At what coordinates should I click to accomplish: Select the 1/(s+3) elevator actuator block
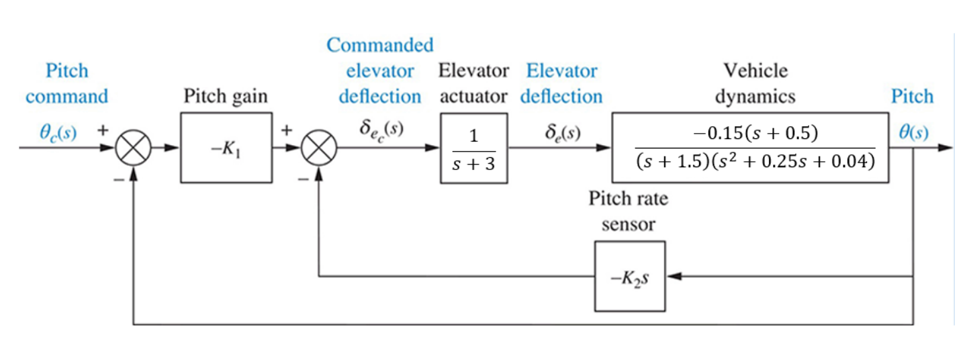(x=473, y=148)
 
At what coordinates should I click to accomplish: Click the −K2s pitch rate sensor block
(x=629, y=276)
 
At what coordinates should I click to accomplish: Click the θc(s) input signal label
(x=57, y=133)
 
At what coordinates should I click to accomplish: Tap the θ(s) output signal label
(x=913, y=133)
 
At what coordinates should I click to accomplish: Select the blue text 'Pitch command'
(x=66, y=83)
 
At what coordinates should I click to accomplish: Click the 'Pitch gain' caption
(x=226, y=97)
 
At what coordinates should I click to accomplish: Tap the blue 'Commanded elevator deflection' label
(x=380, y=71)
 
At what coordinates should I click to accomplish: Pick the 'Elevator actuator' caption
(x=473, y=83)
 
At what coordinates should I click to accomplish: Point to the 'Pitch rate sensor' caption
(x=629, y=212)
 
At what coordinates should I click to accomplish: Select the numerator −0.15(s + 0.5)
(x=755, y=134)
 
